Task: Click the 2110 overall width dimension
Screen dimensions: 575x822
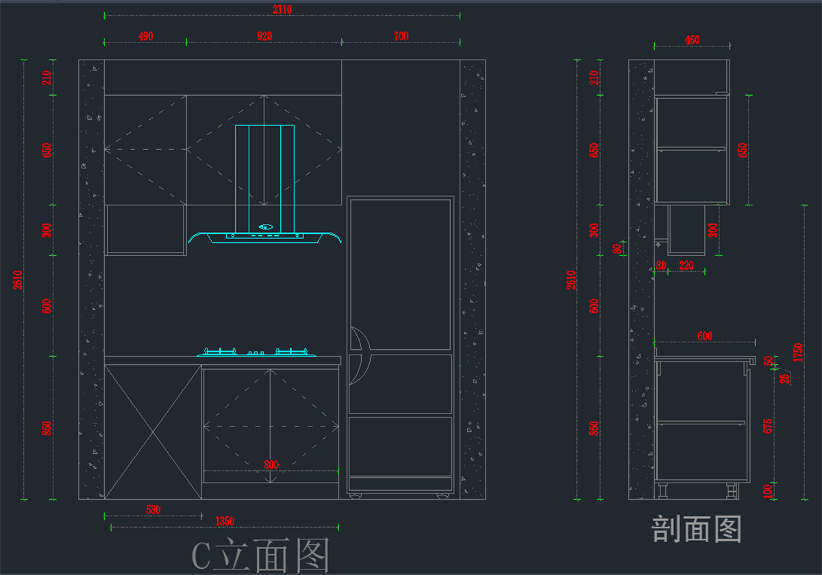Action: point(282,9)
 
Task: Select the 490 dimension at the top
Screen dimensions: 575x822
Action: point(146,36)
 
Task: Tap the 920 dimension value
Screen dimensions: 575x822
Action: point(264,36)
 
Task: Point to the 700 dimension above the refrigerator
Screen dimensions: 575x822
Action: point(401,36)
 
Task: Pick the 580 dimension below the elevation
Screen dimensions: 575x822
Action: point(153,509)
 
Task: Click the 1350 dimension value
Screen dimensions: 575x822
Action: point(224,522)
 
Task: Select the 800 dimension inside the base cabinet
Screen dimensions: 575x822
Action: point(271,465)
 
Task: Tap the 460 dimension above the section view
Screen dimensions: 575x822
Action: point(692,40)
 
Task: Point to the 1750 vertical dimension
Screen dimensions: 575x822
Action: point(797,353)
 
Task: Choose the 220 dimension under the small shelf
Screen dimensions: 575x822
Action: point(686,266)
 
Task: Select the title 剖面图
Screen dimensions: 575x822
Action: point(696,529)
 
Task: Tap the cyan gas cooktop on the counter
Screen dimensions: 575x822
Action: point(258,353)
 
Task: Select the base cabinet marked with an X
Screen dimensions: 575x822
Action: point(153,431)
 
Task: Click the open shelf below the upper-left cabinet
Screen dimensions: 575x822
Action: point(145,229)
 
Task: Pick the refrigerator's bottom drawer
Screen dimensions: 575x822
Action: point(400,445)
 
